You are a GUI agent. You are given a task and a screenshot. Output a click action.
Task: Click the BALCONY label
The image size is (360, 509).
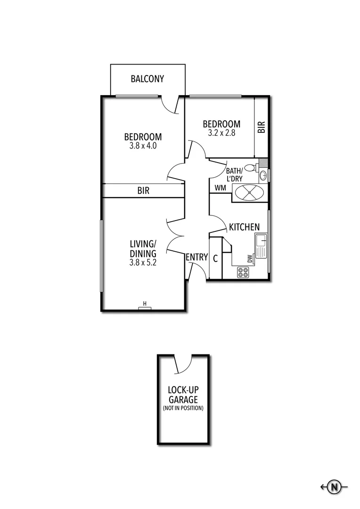pos(147,79)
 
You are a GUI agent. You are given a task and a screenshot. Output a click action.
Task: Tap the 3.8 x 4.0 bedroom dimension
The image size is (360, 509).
pos(143,146)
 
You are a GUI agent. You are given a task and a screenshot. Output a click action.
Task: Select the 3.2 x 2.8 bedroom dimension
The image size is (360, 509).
pos(221,133)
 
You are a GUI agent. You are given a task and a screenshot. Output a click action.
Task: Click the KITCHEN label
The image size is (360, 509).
pos(244,227)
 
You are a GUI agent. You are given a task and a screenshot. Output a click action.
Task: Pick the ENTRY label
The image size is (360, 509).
pos(196,257)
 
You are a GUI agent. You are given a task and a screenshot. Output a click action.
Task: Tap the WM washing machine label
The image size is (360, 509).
pos(220,188)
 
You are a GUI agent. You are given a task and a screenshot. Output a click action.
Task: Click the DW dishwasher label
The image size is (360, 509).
pos(250,259)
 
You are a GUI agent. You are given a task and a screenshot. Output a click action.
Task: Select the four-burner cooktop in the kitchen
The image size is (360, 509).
pos(243,271)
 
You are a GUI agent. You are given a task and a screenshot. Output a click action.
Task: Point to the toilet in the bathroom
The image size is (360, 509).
pos(250,167)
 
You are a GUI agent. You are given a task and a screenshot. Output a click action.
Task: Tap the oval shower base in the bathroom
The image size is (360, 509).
pos(250,192)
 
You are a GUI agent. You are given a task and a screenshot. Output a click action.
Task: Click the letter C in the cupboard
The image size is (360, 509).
pos(215,259)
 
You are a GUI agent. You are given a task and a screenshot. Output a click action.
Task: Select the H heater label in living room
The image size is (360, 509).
pos(145,303)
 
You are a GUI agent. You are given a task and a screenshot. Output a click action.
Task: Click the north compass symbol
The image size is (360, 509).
pos(334,487)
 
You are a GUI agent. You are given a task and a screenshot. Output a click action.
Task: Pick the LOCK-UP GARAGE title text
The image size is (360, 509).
pos(183,395)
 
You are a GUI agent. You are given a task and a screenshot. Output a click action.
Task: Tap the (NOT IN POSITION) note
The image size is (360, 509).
pos(183,408)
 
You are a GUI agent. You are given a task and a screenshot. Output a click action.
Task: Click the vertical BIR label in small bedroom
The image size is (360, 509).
pos(262,127)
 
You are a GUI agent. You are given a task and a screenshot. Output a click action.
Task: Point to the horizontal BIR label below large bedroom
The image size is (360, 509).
pos(144,191)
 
